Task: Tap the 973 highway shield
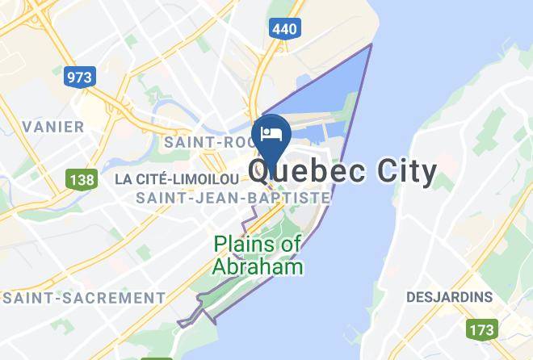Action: tap(80, 77)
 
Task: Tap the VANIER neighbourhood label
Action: tap(54, 127)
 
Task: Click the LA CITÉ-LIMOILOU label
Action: tap(176, 179)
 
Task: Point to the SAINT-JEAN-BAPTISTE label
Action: tap(233, 198)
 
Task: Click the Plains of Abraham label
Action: tap(258, 254)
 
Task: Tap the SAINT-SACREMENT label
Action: tap(83, 298)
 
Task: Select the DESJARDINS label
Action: tap(450, 297)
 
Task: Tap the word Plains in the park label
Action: tap(241, 243)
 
